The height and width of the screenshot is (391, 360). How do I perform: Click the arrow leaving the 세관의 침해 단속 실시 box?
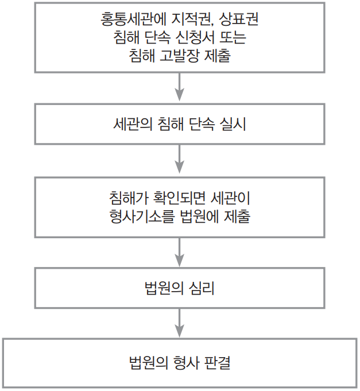coord(180,160)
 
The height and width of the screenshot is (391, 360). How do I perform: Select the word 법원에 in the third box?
coord(199,217)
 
